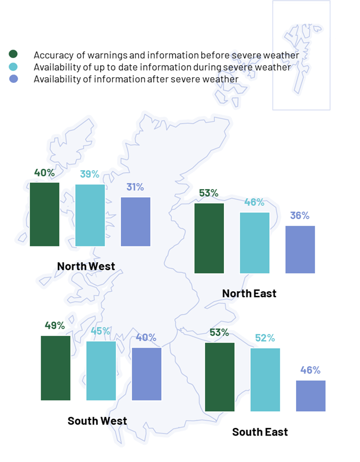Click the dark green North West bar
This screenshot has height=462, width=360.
click(45, 214)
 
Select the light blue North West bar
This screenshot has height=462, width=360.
click(90, 215)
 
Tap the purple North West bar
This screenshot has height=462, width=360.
click(136, 222)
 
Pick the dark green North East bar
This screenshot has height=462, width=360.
click(209, 238)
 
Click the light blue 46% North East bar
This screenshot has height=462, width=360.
click(254, 242)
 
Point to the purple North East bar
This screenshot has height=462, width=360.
click(300, 249)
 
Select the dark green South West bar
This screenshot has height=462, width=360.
click(55, 367)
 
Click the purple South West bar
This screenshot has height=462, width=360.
click(147, 374)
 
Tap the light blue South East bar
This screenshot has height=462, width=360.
click(265, 379)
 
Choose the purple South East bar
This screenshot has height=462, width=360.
click(311, 395)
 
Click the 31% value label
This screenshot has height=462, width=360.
click(135, 187)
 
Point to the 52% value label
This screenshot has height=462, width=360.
click(265, 338)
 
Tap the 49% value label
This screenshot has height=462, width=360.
click(55, 325)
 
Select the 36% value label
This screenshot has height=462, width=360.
click(300, 215)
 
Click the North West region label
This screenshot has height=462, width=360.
click(86, 266)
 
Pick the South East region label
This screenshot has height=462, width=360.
click(260, 432)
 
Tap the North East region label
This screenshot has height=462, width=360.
click(249, 293)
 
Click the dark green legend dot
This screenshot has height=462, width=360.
click(14, 54)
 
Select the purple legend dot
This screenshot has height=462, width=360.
click(14, 79)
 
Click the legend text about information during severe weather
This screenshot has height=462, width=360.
click(162, 67)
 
